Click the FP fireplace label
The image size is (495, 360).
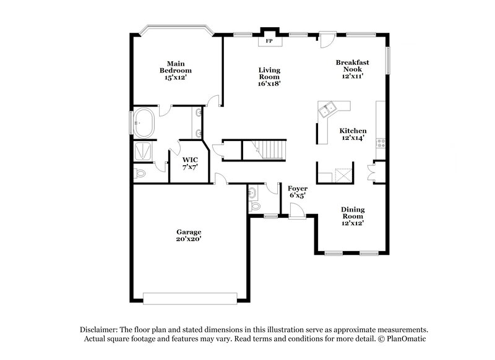click(269, 41)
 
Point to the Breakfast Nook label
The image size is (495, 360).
click(352, 66)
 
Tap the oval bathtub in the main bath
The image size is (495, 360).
click(144, 122)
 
